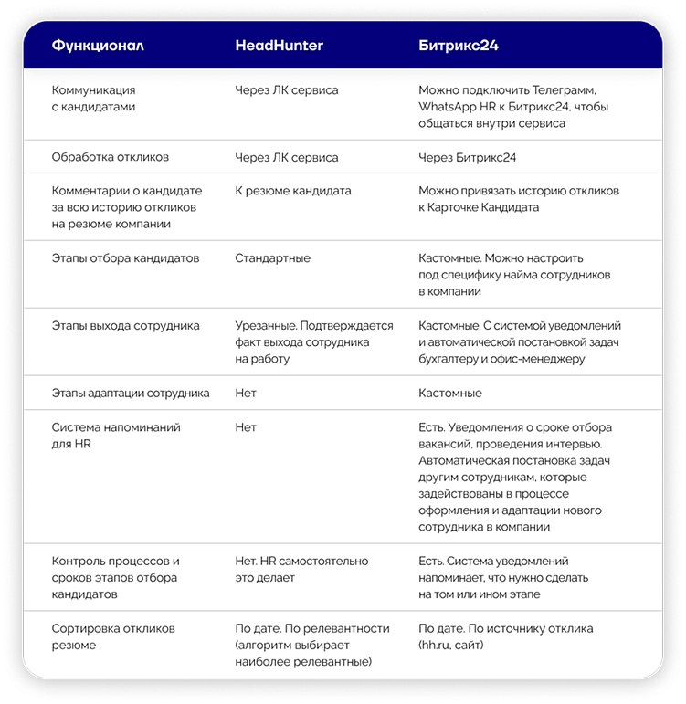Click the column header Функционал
[98, 45]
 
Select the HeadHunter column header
[279, 45]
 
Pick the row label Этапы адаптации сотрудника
[131, 394]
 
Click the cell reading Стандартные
[272, 258]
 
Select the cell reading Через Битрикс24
[467, 158]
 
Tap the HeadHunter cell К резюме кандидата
[292, 191]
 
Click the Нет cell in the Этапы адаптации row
[246, 394]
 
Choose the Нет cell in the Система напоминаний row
[246, 427]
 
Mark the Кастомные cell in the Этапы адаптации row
[449, 394]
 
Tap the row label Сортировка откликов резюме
[113, 637]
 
